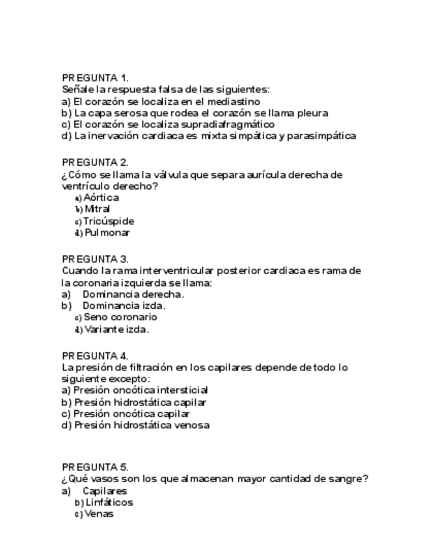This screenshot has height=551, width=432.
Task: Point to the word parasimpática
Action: pos(320,136)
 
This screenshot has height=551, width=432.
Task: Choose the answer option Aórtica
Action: pos(101,197)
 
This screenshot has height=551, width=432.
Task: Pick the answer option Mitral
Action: pos(97,209)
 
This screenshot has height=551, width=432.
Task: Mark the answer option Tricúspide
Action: pos(108,221)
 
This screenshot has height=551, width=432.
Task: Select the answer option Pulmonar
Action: pos(107,233)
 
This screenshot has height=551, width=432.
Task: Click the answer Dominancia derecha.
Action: pos(133,294)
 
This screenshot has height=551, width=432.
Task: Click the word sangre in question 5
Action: pos(349,479)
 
